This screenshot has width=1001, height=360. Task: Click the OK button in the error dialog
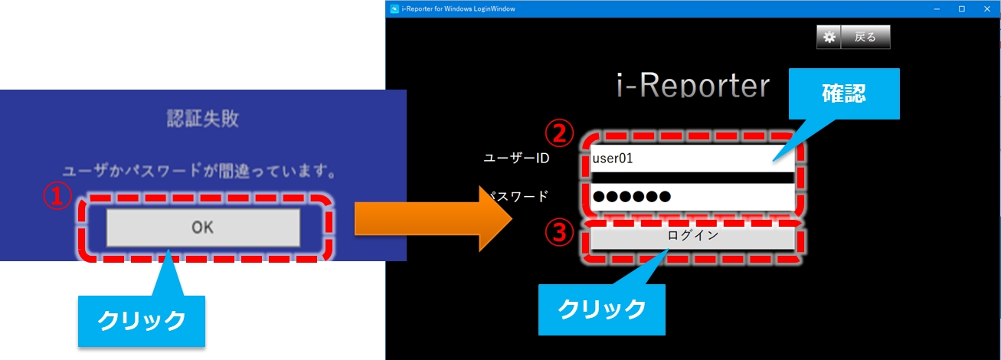[x=203, y=227]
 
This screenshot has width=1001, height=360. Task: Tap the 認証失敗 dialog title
[x=203, y=119]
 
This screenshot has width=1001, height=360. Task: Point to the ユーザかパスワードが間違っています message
[x=199, y=171]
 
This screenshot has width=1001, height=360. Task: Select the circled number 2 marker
[x=559, y=133]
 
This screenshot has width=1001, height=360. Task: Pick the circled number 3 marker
[x=559, y=232]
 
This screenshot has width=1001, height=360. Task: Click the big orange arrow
[x=433, y=218]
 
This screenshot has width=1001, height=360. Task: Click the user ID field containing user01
[x=692, y=158]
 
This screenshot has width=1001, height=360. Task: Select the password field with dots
[x=692, y=197]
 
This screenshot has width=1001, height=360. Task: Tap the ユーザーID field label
[x=517, y=158]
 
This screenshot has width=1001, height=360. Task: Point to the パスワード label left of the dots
[x=518, y=197]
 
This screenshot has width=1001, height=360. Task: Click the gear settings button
[x=829, y=37]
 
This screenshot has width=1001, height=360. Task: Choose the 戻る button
[x=865, y=37]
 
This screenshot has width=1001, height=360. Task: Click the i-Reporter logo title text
[x=693, y=85]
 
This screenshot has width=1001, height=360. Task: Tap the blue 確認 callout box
[x=844, y=93]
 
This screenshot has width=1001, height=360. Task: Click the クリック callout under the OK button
[x=142, y=321]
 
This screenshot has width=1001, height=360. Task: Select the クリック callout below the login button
[x=601, y=309]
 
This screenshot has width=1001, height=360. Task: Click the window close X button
[x=987, y=9]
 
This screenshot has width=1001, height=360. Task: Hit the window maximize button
[x=962, y=9]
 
